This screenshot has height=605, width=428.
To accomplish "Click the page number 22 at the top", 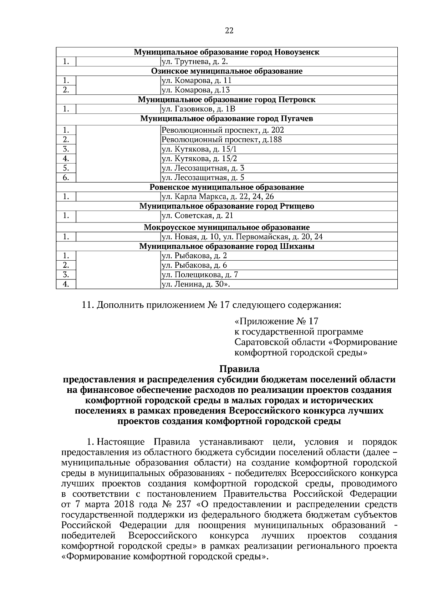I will [229, 31].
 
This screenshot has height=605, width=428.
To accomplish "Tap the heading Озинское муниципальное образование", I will [227, 71].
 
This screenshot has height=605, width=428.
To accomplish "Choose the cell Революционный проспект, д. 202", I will [223, 130].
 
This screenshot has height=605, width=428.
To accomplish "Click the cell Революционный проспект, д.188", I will [221, 139].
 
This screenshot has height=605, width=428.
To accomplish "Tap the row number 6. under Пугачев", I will [66, 178].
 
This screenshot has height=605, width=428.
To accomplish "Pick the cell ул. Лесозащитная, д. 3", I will [203, 168].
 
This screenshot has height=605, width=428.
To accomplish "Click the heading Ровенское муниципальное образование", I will [227, 187].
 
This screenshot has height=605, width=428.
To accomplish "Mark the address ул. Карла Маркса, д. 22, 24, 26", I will [218, 196].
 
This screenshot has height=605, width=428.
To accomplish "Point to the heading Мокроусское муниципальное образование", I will [227, 227].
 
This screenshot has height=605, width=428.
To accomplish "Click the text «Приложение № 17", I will [276, 321].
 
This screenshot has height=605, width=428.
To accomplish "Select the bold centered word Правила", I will [239, 368].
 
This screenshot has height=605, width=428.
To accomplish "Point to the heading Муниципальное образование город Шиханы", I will [227, 246].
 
